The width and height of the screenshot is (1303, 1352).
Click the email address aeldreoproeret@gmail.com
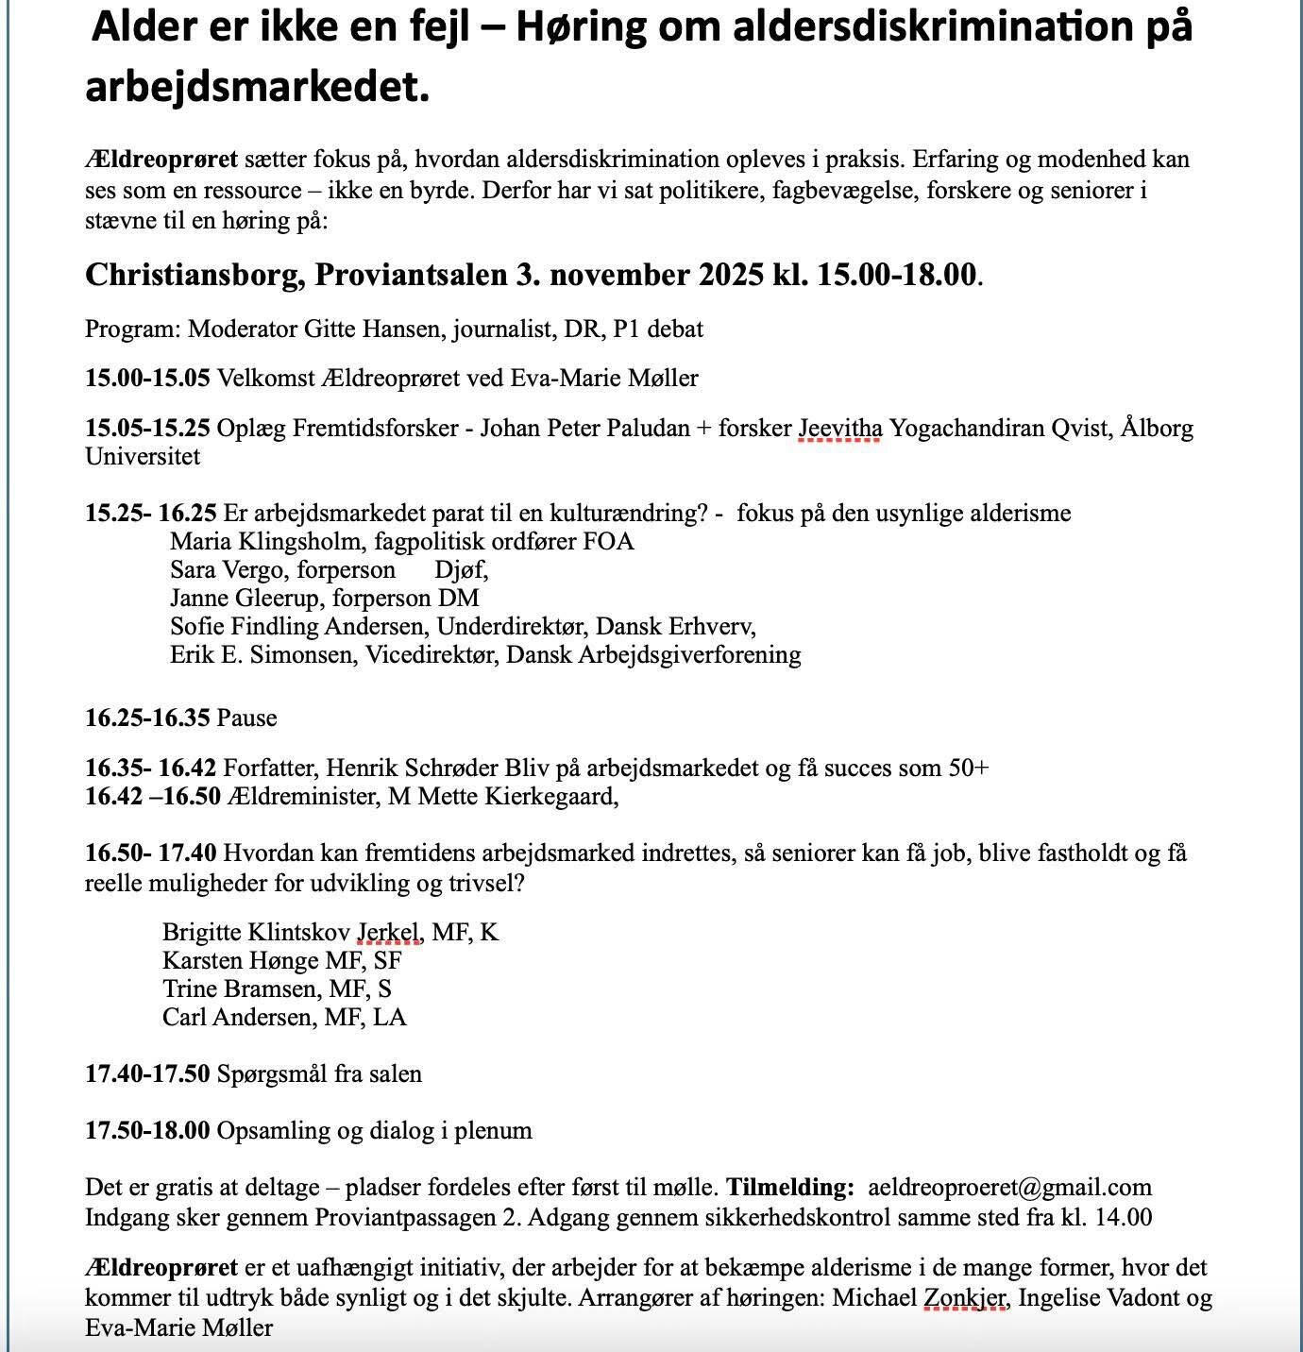1009,1187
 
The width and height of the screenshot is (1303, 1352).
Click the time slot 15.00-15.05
147,379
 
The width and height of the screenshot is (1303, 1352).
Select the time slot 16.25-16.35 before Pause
147,718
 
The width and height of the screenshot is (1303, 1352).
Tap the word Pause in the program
247,718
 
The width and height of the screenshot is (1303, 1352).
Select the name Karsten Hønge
241,961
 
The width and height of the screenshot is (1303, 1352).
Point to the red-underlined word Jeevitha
840,429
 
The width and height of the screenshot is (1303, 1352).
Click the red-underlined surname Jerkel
388,933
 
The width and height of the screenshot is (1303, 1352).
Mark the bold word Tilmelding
789,1187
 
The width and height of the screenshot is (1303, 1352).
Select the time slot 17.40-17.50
147,1073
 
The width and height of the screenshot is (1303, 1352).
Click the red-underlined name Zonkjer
966,1298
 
